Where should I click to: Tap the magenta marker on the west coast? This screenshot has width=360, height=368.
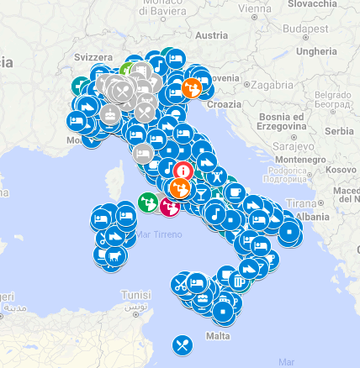click(x=170, y=205)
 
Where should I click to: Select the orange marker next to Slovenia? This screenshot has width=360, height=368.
click(x=192, y=87)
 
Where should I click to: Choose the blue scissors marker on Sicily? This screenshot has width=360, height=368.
click(x=181, y=284)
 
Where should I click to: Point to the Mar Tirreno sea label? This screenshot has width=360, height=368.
click(x=158, y=234)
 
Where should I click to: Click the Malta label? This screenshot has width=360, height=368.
click(x=218, y=336)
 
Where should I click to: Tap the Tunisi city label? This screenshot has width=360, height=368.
click(x=135, y=296)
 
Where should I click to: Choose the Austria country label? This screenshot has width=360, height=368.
click(x=210, y=35)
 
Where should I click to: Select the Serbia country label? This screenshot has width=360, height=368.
click(x=340, y=131)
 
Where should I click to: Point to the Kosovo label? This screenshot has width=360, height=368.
click(x=341, y=169)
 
